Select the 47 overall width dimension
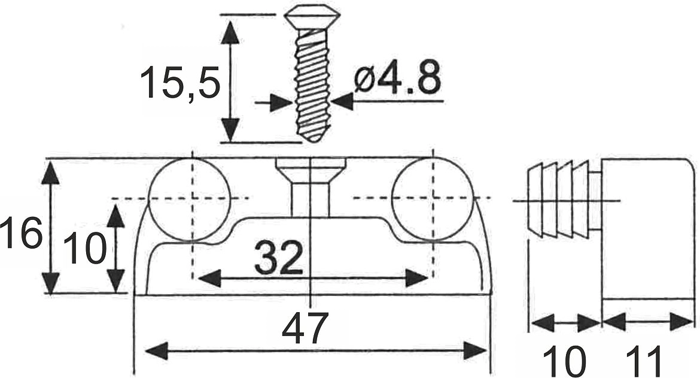pyautogui.click(x=305, y=328)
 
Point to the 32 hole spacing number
pyautogui.click(x=279, y=258)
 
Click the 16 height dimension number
pyautogui.click(x=20, y=233)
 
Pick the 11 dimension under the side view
pyautogui.click(x=644, y=361)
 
